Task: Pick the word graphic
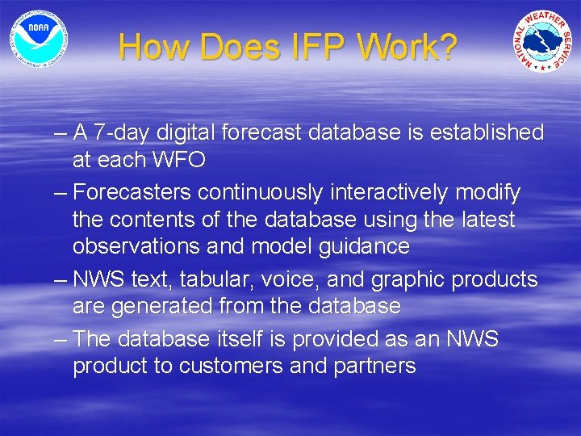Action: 408,279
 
